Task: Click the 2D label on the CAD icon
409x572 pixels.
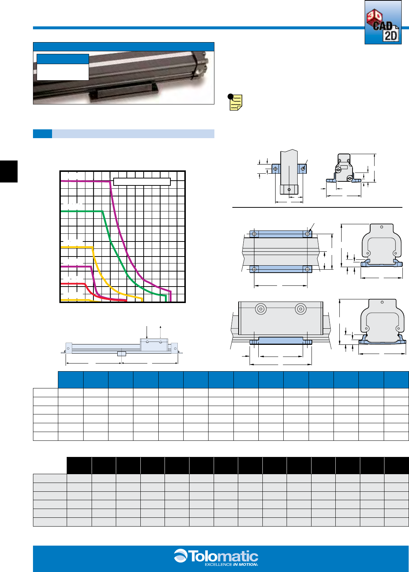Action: point(390,36)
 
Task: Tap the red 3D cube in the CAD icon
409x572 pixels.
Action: point(374,18)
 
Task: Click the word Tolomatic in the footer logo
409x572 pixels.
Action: point(223,556)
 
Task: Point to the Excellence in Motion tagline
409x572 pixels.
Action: point(231,565)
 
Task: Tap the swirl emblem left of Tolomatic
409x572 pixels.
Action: point(181,556)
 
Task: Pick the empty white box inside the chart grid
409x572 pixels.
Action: point(142,181)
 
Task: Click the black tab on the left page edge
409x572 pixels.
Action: point(9,171)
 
